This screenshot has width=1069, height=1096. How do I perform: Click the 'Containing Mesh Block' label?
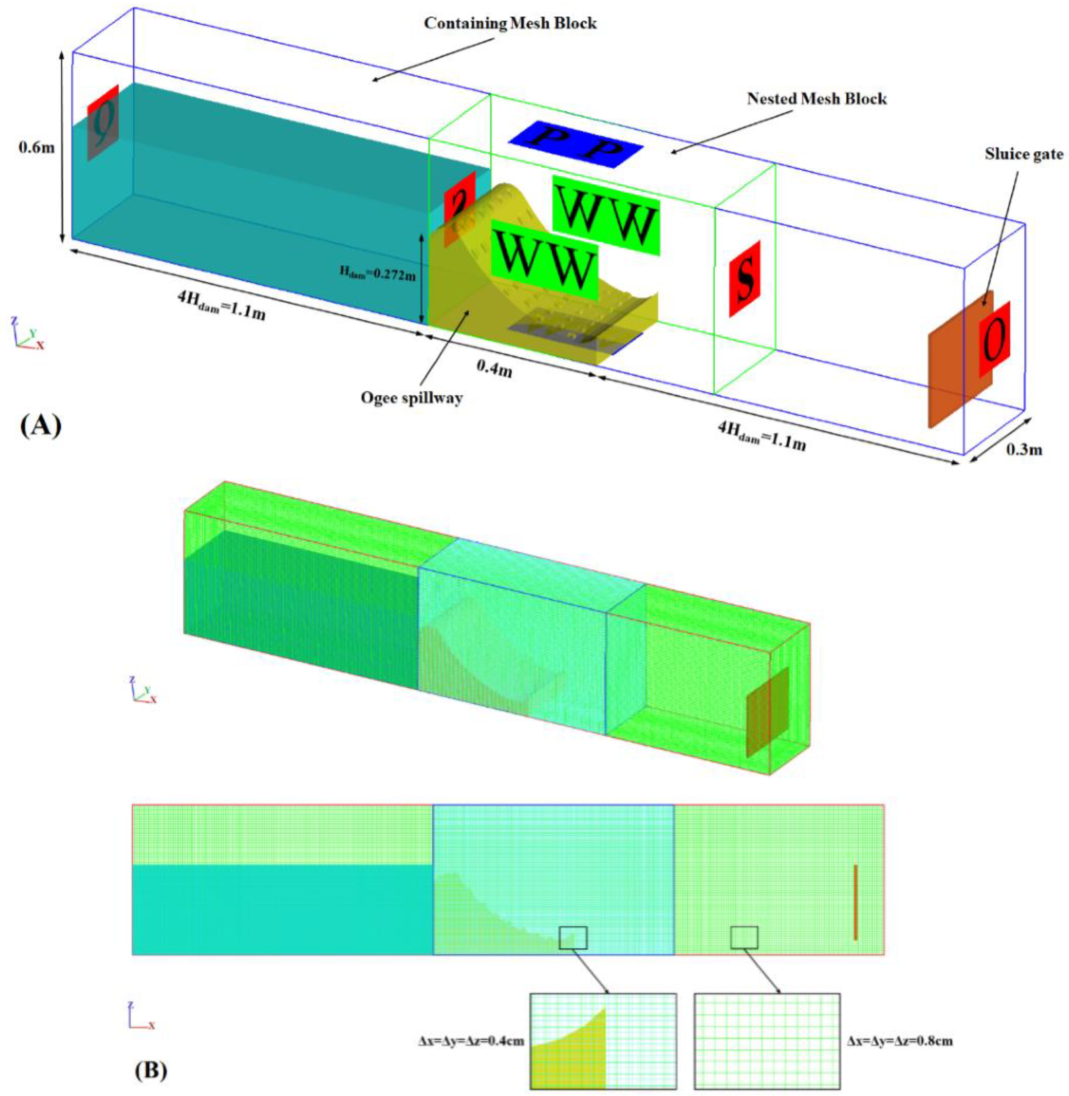pyautogui.click(x=510, y=23)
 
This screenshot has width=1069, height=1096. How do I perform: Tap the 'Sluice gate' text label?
pyautogui.click(x=1024, y=154)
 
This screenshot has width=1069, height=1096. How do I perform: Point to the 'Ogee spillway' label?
pyautogui.click(x=411, y=398)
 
